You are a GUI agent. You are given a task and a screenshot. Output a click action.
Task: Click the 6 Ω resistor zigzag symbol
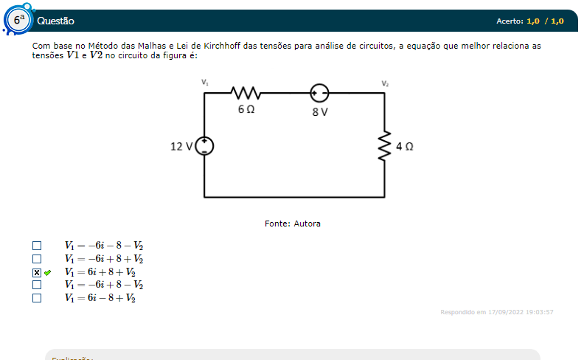pos(246,94)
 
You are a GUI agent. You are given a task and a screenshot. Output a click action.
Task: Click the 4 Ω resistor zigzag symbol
pos(384,146)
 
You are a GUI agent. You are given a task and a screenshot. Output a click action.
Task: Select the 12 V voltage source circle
pos(204,146)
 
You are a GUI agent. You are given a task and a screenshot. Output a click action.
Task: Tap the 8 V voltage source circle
pos(319,94)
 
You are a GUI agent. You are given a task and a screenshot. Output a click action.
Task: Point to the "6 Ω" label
pos(246,109)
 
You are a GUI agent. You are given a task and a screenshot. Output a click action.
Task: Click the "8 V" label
pos(319,111)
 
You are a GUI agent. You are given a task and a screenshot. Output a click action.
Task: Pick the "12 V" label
pos(181,146)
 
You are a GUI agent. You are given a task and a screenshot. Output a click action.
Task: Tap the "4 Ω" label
pos(404,146)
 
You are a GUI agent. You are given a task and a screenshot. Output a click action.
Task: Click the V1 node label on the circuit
pos(205,83)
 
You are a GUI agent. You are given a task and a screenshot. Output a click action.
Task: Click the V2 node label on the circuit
pos(385,83)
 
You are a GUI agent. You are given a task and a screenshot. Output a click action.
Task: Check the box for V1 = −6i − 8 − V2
pos(37,246)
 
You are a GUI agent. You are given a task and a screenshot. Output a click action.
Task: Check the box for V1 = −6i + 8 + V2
pos(37,259)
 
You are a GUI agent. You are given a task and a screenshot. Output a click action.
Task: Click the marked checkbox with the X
pos(37,272)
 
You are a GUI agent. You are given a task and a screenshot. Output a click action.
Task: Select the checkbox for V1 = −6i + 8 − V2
pos(37,285)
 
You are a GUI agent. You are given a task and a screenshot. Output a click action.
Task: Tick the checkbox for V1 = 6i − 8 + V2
pos(37,298)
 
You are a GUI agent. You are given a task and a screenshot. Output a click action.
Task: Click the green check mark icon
pos(48,272)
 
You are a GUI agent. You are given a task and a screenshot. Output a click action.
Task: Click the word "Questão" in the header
pos(55,21)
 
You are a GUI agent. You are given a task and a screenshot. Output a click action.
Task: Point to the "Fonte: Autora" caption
pos(293,224)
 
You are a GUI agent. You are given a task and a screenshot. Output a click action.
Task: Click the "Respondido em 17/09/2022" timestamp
pos(496,312)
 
